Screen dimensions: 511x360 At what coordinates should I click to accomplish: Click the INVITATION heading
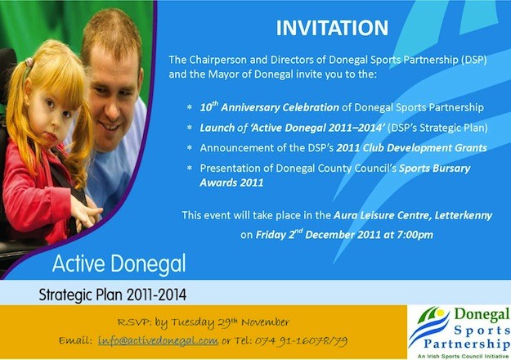click(332, 28)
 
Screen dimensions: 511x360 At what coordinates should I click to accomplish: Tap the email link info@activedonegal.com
click(158, 340)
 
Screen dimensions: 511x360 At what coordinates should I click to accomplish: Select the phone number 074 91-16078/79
click(301, 341)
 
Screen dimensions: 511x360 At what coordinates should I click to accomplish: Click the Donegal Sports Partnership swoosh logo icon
click(429, 327)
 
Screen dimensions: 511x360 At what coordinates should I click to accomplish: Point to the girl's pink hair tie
click(29, 62)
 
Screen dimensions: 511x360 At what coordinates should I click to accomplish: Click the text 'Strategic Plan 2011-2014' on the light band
click(113, 295)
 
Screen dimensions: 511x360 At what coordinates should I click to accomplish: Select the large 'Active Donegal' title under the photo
click(119, 263)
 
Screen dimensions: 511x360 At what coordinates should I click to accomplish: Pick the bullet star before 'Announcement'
click(190, 147)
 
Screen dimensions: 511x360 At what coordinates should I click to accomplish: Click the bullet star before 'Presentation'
click(190, 168)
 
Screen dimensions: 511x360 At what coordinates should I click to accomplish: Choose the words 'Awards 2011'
click(231, 182)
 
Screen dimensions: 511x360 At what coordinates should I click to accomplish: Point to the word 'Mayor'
click(223, 74)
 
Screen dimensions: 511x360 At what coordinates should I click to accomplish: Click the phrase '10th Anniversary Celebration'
click(270, 107)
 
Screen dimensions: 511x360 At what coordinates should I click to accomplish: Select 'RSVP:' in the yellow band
click(135, 322)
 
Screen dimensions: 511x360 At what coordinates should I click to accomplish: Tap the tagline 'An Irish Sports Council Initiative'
click(463, 357)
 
